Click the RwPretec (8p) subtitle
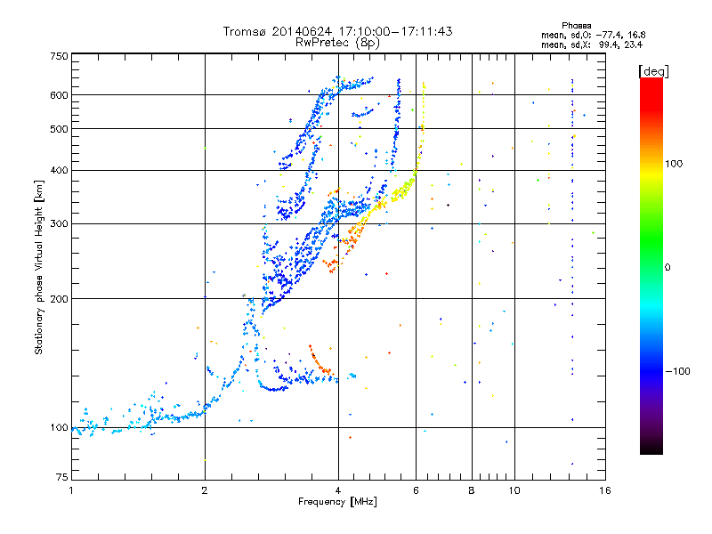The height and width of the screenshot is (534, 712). coord(337,43)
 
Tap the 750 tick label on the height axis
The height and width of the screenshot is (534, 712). coord(59,56)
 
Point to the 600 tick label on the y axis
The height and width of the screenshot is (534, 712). coord(59,95)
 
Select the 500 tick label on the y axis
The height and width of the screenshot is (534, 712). coord(59,129)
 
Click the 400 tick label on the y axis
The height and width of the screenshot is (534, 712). coord(59,170)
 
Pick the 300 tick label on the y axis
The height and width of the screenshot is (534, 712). coord(59,223)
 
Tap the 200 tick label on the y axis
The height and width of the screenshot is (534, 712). coord(59,299)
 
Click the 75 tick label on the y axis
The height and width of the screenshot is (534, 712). coord(62,477)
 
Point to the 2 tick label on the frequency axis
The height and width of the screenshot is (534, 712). coord(205,490)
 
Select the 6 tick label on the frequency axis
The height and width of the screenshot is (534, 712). coord(416,490)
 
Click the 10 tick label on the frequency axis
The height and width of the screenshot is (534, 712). coord(514,490)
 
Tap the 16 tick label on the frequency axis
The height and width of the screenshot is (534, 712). coord(605,490)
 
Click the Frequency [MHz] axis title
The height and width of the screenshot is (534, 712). coord(337,502)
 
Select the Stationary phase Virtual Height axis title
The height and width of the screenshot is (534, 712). coord(38,268)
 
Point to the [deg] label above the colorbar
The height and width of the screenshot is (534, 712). coord(653,71)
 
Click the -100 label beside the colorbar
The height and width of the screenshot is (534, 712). coord(677,371)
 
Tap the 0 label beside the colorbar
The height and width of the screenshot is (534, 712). coord(667,267)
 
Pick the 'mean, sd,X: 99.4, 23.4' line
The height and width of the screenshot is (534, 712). coord(592,44)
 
